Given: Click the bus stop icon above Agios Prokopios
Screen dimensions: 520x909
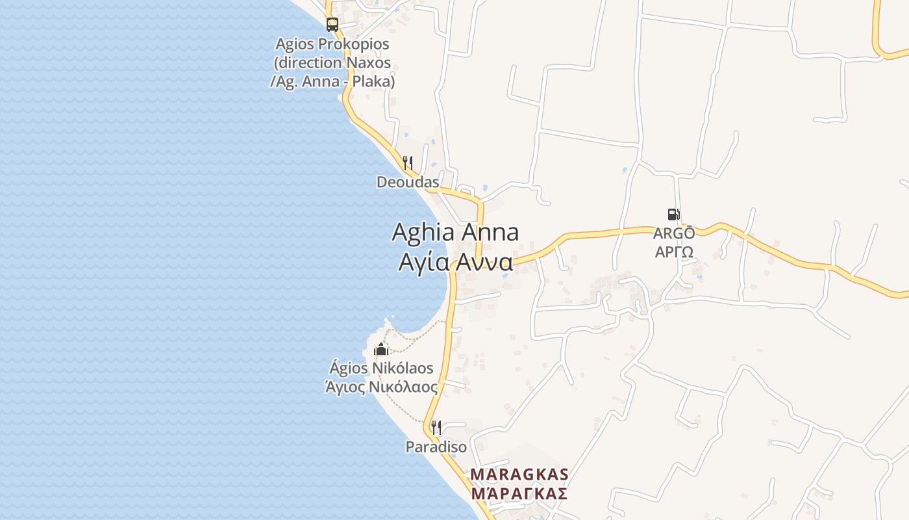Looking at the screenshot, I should [x=332, y=25].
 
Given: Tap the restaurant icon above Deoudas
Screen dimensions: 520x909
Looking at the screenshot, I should [x=408, y=162].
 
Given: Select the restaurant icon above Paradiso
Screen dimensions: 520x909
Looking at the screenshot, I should [x=436, y=427].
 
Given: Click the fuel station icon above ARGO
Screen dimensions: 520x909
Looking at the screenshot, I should [x=674, y=214].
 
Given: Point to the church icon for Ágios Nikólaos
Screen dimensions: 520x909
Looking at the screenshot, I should [x=381, y=350].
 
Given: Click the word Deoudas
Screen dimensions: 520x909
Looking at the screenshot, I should [x=408, y=182].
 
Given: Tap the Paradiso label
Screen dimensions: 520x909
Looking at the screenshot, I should [x=436, y=447].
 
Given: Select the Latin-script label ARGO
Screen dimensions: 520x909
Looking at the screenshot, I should [x=674, y=233].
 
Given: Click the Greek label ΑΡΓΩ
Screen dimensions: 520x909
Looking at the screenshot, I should [x=674, y=252].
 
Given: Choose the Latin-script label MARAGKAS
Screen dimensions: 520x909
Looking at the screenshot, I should [x=519, y=474].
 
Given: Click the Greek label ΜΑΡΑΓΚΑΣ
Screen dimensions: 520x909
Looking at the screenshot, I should [x=519, y=494].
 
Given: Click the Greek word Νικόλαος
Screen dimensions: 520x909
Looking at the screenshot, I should [x=403, y=387].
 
